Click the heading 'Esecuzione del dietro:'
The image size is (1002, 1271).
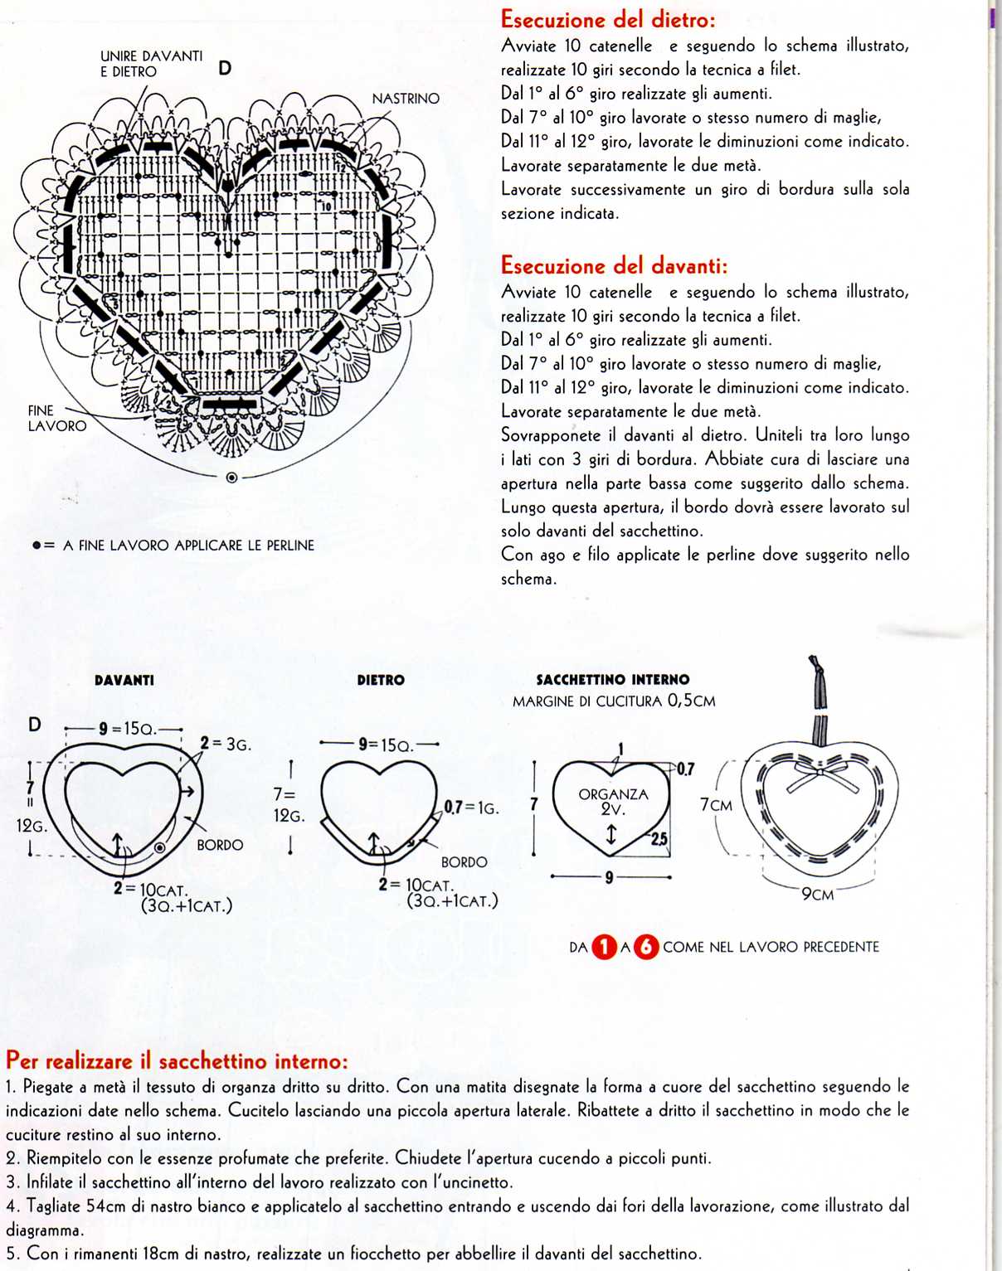tap(608, 19)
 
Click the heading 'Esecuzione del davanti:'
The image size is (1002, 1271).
tap(614, 265)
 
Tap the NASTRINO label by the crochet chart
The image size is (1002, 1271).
tap(406, 99)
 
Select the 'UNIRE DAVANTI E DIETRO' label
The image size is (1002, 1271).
tap(151, 64)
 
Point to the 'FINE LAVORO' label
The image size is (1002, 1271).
tap(56, 418)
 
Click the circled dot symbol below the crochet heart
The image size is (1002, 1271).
tap(231, 478)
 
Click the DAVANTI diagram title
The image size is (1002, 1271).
tap(124, 680)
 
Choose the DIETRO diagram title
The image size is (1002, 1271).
tap(381, 680)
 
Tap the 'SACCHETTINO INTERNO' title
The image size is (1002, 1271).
tap(613, 680)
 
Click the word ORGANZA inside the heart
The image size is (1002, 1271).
tap(613, 794)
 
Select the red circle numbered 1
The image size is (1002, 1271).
tap(605, 947)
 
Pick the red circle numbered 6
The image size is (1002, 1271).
tap(646, 947)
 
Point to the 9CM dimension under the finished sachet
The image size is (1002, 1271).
tap(818, 895)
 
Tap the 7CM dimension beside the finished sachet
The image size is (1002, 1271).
tap(717, 805)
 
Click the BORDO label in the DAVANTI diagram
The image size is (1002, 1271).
tap(220, 845)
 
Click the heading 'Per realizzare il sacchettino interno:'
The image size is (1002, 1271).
tap(177, 1060)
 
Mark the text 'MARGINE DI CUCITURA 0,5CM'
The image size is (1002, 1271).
tap(614, 701)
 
